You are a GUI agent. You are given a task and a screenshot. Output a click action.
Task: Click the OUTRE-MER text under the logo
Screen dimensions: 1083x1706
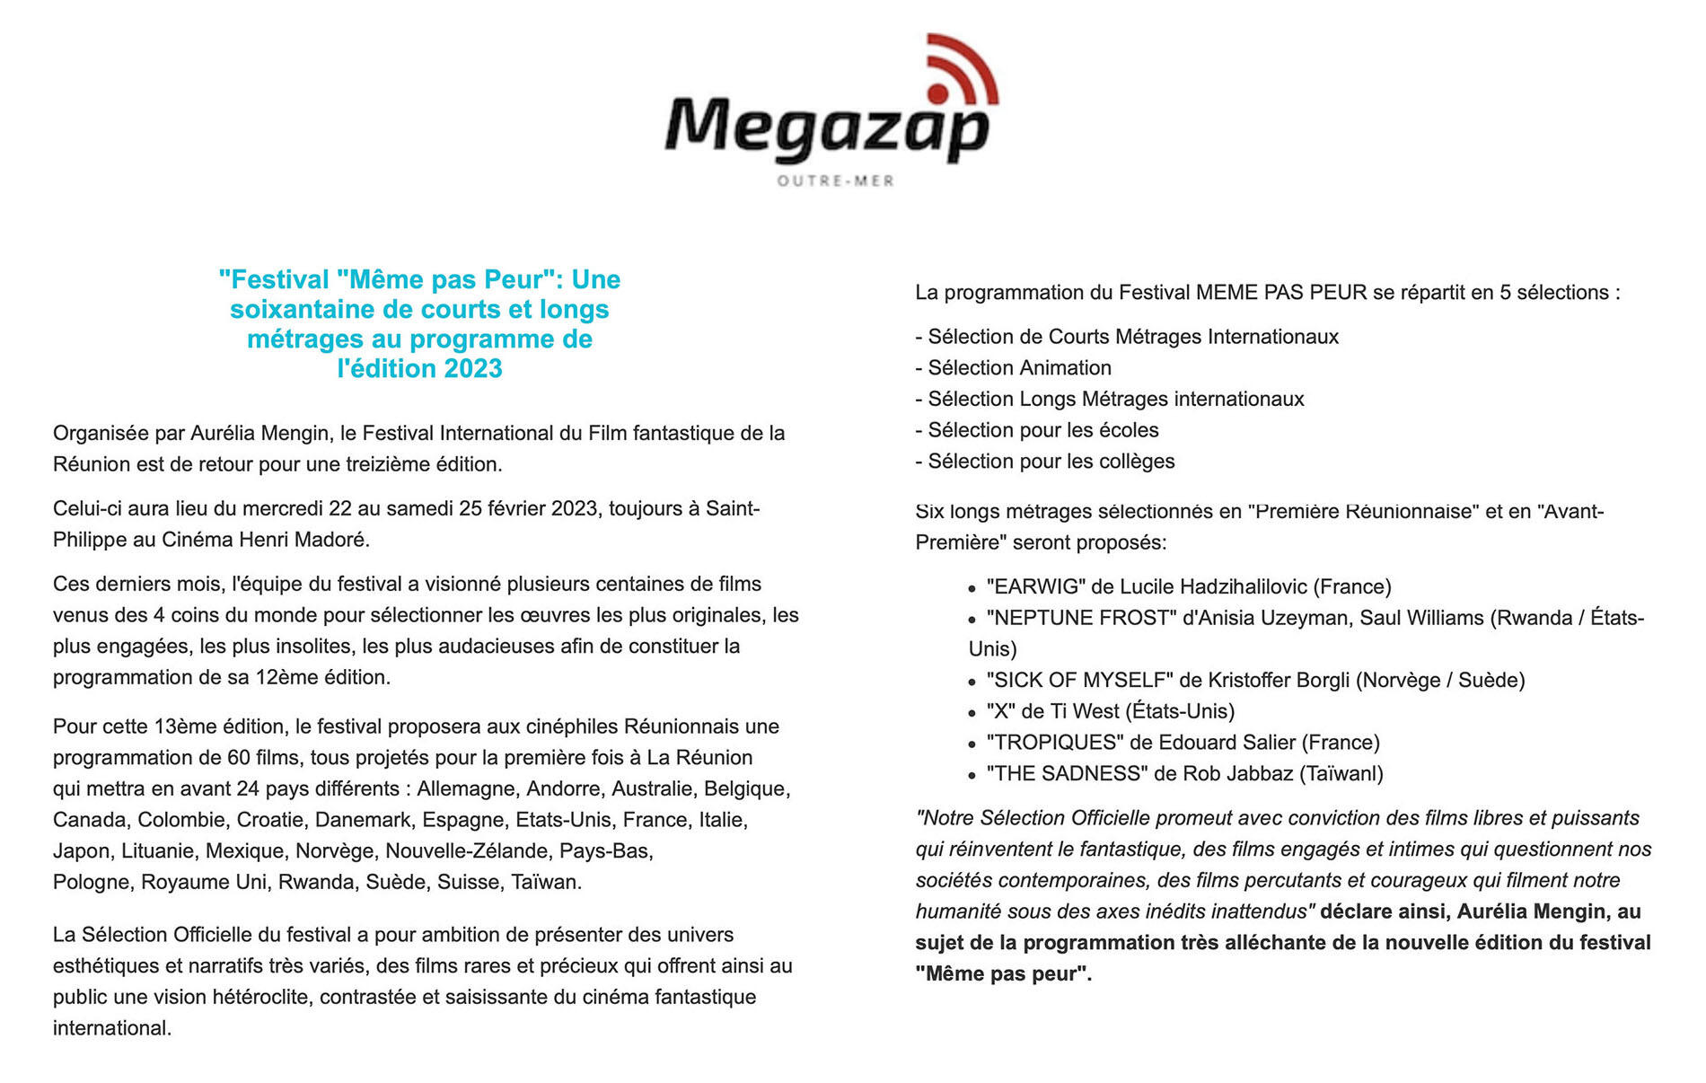(835, 181)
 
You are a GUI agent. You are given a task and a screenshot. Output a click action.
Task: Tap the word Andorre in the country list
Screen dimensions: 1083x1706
(564, 788)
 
